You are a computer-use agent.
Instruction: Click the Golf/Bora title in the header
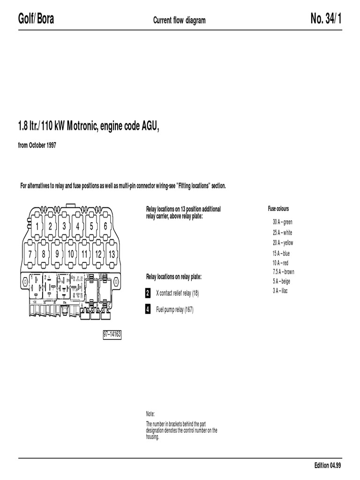pyautogui.click(x=36, y=20)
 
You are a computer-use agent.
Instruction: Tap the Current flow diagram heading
pyautogui.click(x=180, y=20)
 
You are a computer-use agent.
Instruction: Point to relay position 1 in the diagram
pyautogui.click(x=36, y=226)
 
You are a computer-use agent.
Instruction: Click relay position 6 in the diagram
pyautogui.click(x=105, y=226)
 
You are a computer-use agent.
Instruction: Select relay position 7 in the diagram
pyautogui.click(x=30, y=254)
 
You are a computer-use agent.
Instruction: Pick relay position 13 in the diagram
pyautogui.click(x=112, y=254)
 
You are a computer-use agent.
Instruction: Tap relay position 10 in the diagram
pyautogui.click(x=70, y=254)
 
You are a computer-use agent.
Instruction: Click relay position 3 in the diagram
pyautogui.click(x=64, y=226)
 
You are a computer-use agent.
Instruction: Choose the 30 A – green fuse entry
pyautogui.click(x=282, y=222)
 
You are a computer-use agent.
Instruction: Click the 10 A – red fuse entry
pyautogui.click(x=280, y=263)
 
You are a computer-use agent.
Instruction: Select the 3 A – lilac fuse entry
pyautogui.click(x=280, y=291)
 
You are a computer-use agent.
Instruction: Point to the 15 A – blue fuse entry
pyautogui.click(x=281, y=253)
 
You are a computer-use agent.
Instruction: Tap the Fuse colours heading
pyautogui.click(x=278, y=209)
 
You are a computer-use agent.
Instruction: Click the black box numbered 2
pyautogui.click(x=148, y=293)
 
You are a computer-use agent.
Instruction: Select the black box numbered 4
pyautogui.click(x=148, y=309)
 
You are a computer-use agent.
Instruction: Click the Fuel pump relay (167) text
pyautogui.click(x=174, y=310)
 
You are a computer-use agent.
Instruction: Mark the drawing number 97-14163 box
pyautogui.click(x=112, y=335)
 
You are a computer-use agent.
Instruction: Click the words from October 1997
pyautogui.click(x=37, y=145)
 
